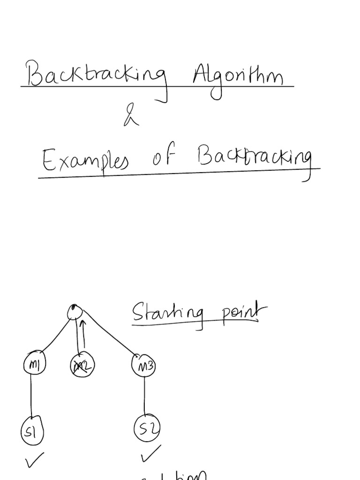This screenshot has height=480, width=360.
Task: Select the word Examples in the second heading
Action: pyautogui.click(x=85, y=162)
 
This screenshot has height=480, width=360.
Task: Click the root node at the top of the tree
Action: pyautogui.click(x=75, y=312)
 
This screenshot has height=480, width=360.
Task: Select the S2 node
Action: pyautogui.click(x=147, y=428)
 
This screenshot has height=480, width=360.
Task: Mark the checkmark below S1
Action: pyautogui.click(x=35, y=460)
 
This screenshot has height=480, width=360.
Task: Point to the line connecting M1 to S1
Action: pyautogui.click(x=31, y=396)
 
